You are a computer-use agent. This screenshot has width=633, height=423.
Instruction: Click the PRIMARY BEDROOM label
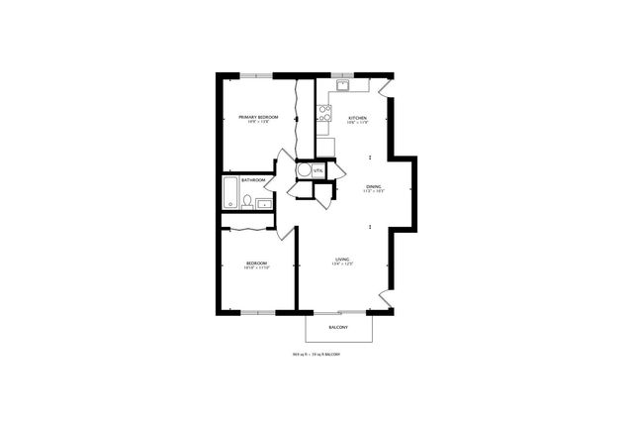pyautogui.click(x=257, y=117)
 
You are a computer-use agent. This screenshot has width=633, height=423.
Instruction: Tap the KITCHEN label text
pyautogui.click(x=357, y=118)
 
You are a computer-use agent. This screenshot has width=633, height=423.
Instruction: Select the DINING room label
pyautogui.click(x=373, y=185)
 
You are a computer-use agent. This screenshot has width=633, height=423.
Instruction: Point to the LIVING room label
pyautogui.click(x=342, y=260)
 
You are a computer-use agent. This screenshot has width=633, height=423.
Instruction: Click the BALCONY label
pyautogui.click(x=338, y=326)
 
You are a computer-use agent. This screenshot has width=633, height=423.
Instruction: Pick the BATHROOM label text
pyautogui.click(x=253, y=180)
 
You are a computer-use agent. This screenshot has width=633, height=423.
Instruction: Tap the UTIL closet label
pyautogui.click(x=317, y=170)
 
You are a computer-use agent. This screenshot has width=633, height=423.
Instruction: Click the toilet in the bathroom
pyautogui.click(x=246, y=201)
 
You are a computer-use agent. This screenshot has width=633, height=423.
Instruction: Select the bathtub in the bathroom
pyautogui.click(x=229, y=192)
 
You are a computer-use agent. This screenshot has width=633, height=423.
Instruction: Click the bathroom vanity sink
pyautogui.click(x=264, y=204)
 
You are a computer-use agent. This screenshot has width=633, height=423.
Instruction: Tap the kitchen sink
pyautogui.click(x=342, y=85)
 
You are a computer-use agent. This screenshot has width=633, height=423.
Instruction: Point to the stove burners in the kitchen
pyautogui.click(x=324, y=112)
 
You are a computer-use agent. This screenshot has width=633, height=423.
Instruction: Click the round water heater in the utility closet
pyautogui.click(x=304, y=168)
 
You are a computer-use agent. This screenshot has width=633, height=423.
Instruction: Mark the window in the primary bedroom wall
pyautogui.click(x=257, y=74)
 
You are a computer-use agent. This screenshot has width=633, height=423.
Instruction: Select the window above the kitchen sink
pyautogui.click(x=342, y=74)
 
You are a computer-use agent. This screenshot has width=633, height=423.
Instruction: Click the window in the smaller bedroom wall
pyautogui.click(x=257, y=313)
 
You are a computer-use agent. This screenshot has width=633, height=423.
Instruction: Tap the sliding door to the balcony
pyautogui.click(x=338, y=313)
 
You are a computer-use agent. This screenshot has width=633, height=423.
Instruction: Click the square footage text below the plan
pyautogui.click(x=316, y=354)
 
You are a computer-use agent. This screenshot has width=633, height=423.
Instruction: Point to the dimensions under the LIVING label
pyautogui.click(x=342, y=265)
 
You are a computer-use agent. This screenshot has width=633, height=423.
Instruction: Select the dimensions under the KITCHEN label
pyautogui.click(x=357, y=123)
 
